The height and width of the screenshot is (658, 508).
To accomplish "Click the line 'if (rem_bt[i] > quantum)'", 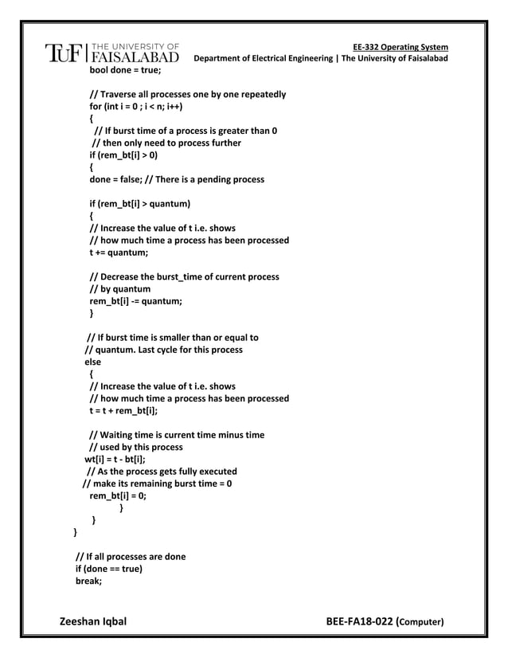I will pyautogui.click(x=140, y=204).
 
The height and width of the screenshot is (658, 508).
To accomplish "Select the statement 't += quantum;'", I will pyautogui.click(x=119, y=253).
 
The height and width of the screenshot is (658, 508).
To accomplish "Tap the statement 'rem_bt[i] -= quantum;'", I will pyautogui.click(x=135, y=300).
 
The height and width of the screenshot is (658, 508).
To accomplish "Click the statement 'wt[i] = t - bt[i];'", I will pyautogui.click(x=115, y=459).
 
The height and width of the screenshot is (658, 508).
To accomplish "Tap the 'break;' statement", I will pyautogui.click(x=89, y=581).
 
